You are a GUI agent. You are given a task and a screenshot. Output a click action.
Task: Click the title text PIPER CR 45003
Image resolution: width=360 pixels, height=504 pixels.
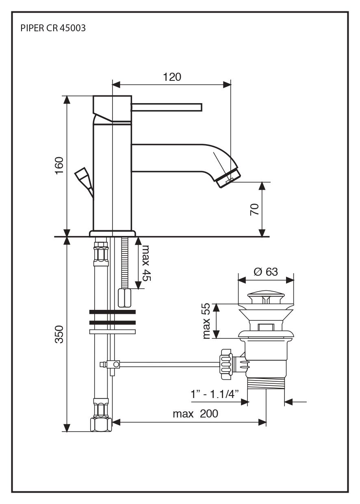click(53, 29)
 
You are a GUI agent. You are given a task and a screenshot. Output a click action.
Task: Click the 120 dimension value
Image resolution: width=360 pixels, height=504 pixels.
click(172, 77)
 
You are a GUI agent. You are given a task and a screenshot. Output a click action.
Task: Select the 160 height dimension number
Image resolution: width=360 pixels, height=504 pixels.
click(59, 165)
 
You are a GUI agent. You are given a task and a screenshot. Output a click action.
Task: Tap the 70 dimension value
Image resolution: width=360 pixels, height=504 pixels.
click(254, 210)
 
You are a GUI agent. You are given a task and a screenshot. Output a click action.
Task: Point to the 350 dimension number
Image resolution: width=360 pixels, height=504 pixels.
click(59, 334)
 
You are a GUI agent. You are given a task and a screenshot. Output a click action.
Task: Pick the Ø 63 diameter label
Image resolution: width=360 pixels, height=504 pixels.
click(266, 272)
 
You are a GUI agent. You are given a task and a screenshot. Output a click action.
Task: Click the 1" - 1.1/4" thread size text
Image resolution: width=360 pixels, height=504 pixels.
click(214, 394)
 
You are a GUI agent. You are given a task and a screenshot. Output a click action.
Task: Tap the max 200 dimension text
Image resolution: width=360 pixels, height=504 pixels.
click(195, 414)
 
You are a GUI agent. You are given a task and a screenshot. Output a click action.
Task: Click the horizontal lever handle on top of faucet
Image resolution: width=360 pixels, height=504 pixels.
click(166, 107)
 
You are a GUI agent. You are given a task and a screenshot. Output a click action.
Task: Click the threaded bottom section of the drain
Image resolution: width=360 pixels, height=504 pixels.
click(267, 383)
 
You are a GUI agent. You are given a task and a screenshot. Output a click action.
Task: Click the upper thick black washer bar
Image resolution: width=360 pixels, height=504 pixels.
click(112, 312)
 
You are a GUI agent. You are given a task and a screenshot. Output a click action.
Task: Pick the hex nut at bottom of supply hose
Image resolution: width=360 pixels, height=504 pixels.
click(101, 425)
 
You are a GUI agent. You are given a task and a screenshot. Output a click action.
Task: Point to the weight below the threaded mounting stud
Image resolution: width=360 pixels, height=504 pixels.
click(125, 299)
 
